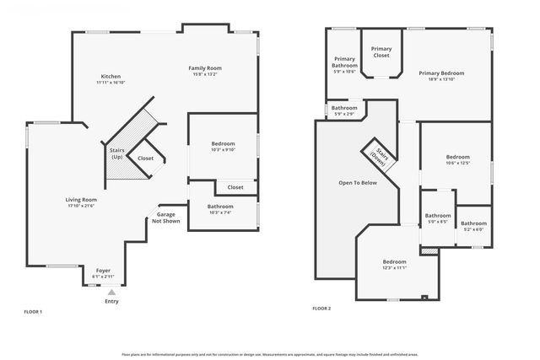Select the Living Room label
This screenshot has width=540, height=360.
(82, 200)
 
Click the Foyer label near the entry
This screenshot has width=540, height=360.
(103, 270)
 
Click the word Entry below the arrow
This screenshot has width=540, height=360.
(111, 301)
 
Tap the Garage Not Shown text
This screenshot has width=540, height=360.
(166, 218)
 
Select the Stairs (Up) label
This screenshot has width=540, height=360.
(116, 153)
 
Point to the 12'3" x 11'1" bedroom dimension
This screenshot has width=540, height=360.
(394, 267)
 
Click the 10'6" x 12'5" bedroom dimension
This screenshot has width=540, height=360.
(457, 163)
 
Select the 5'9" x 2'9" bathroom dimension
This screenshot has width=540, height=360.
(343, 114)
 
